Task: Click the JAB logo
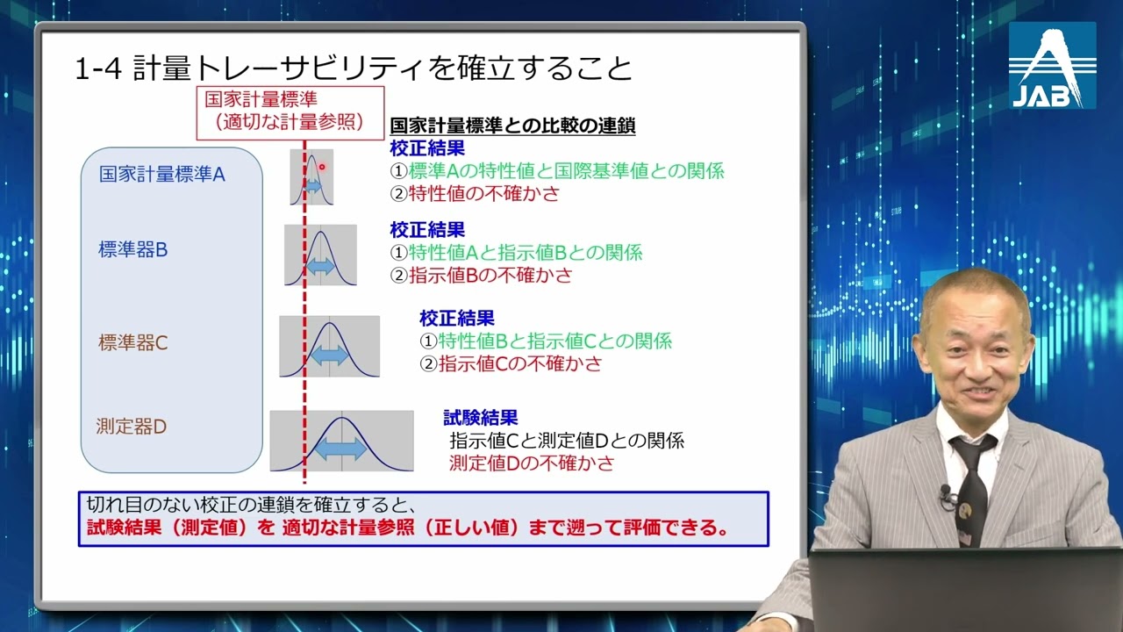point(1052,66)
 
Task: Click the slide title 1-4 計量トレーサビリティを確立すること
point(353,68)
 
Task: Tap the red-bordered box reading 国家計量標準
point(290,111)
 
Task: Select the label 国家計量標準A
point(162,174)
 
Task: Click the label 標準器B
point(132,249)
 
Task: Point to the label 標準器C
point(132,342)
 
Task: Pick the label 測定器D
point(131,427)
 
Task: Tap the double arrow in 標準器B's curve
point(320,266)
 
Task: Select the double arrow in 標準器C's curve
point(329,355)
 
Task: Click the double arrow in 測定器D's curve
point(340,448)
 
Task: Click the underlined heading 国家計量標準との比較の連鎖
point(512,126)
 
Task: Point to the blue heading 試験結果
point(480,418)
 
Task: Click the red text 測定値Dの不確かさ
point(532,463)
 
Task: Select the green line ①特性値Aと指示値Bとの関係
point(516,253)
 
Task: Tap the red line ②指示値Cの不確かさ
point(511,363)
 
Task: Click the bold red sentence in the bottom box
point(408,529)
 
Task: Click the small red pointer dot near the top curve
point(322,167)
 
